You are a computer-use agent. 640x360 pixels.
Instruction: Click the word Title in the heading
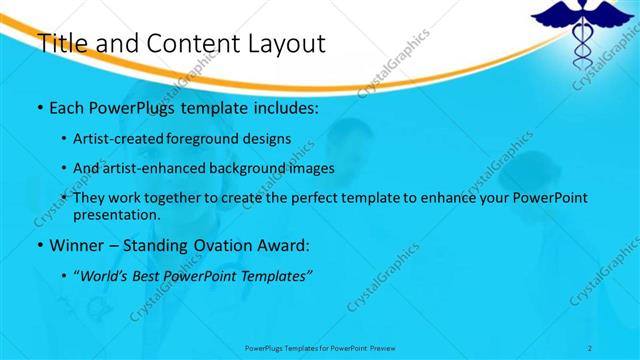pyautogui.click(x=59, y=43)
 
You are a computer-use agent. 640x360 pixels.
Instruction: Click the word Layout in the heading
pyautogui.click(x=282, y=43)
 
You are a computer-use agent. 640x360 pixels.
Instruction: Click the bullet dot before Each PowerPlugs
pyautogui.click(x=39, y=106)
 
